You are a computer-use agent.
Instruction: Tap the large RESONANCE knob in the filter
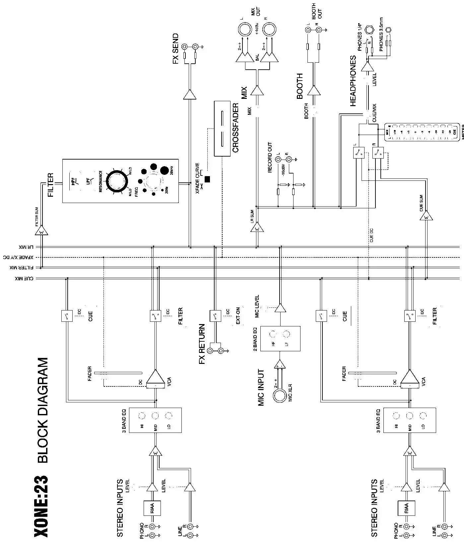point(117,182)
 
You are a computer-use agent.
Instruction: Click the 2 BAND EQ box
point(280,338)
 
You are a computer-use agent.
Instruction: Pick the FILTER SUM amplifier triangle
point(41,231)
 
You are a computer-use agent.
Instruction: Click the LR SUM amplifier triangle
point(257,228)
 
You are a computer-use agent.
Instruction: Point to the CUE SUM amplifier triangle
point(426,217)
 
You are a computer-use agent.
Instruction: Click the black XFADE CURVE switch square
point(208,179)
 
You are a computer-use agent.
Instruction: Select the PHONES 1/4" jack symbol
point(368,31)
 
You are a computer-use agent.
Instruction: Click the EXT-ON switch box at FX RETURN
point(215,315)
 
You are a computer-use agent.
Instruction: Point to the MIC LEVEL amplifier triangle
point(281,308)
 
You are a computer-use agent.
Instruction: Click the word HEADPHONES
point(353,81)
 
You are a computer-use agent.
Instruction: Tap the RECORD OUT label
point(270,158)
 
